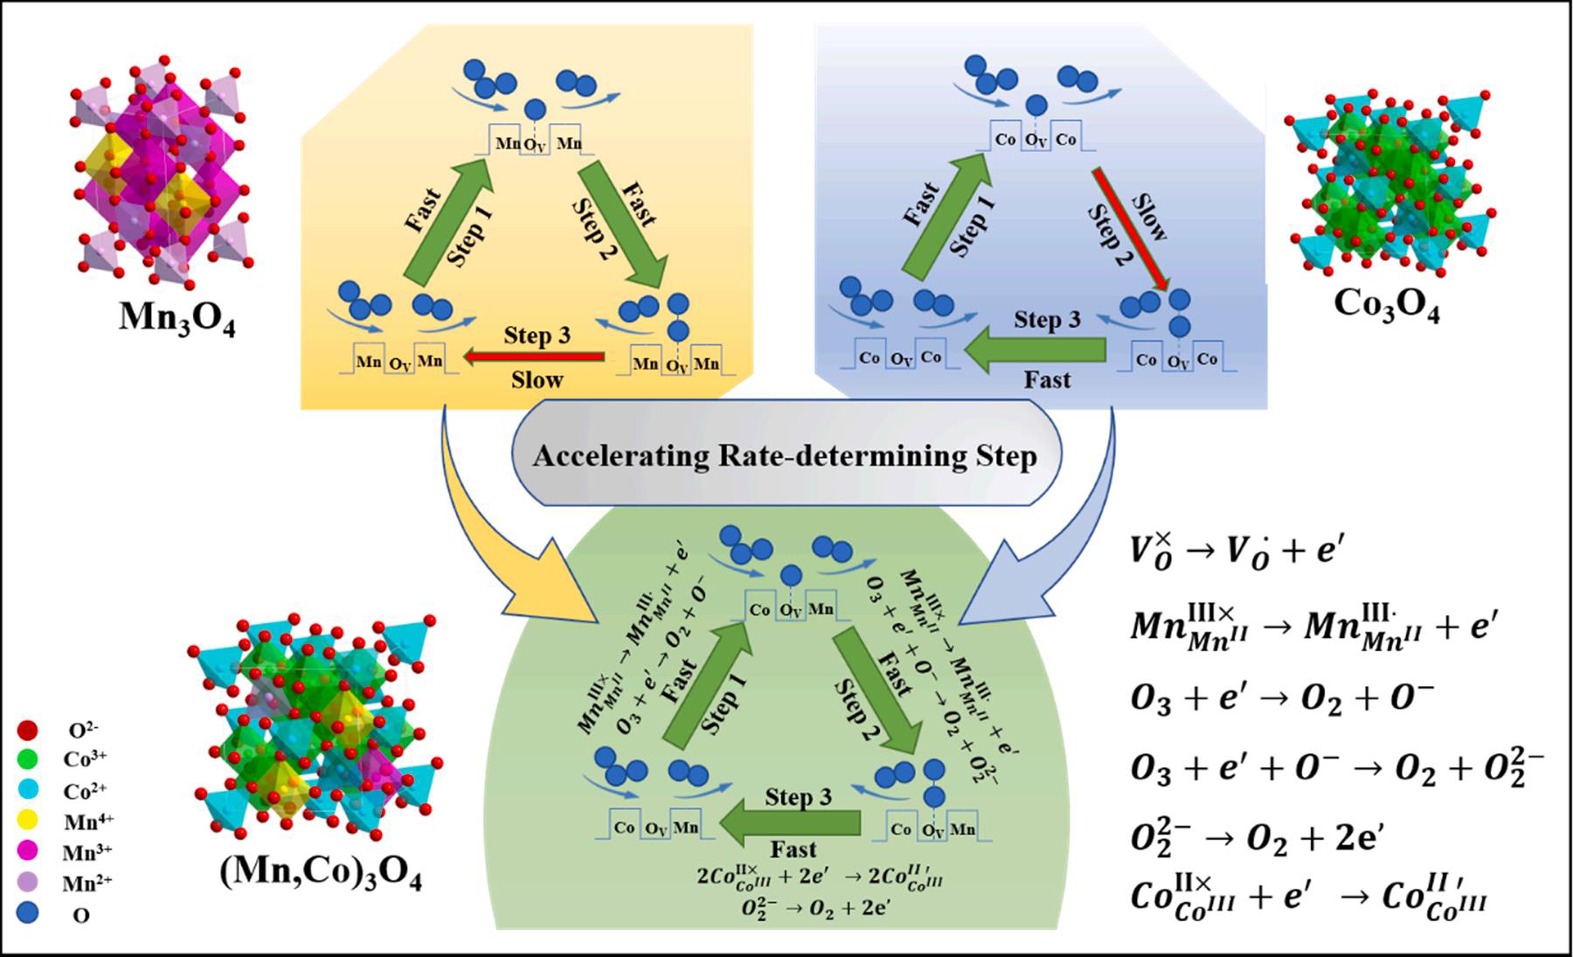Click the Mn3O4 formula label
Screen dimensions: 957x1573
pyautogui.click(x=177, y=317)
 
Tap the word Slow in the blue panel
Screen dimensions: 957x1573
pyautogui.click(x=1149, y=217)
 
